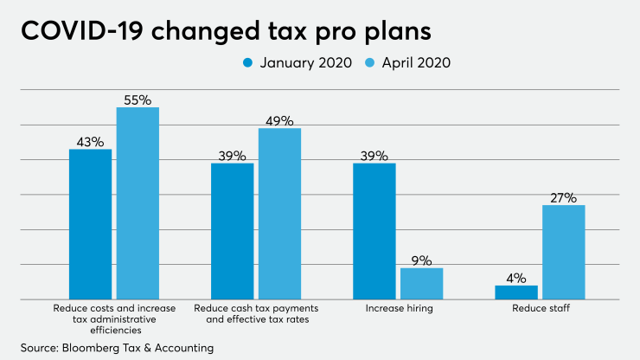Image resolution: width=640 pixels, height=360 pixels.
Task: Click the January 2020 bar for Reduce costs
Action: click(91, 224)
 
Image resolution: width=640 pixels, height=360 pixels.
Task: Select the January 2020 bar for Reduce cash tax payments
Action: click(233, 231)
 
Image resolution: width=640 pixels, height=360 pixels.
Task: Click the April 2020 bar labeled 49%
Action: click(279, 214)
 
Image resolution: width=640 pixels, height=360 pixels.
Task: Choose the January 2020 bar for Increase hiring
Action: click(374, 231)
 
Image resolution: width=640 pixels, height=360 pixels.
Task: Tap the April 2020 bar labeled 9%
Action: click(421, 283)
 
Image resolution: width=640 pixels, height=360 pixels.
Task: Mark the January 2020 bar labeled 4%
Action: click(516, 292)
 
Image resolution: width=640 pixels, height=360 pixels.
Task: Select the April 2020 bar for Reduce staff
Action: click(563, 252)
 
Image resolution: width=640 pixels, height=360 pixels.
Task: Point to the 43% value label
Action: click(90, 141)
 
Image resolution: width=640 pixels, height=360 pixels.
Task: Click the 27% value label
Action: click(563, 196)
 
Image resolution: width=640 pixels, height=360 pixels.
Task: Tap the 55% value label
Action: click(138, 100)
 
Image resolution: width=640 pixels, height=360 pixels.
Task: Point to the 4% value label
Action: click(516, 277)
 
